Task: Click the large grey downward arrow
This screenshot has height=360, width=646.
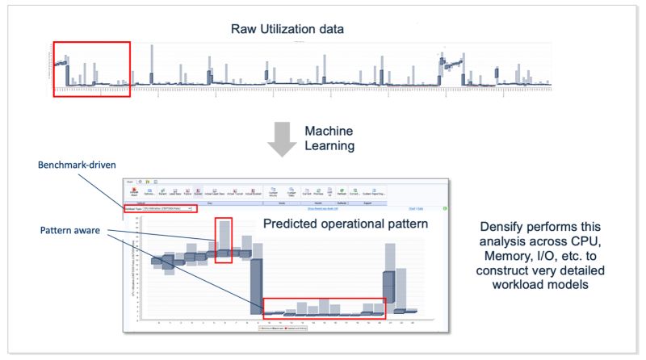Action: (x=279, y=139)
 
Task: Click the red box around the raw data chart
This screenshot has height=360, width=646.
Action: (x=91, y=69)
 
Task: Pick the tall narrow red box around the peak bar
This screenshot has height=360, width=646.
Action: (x=224, y=240)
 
